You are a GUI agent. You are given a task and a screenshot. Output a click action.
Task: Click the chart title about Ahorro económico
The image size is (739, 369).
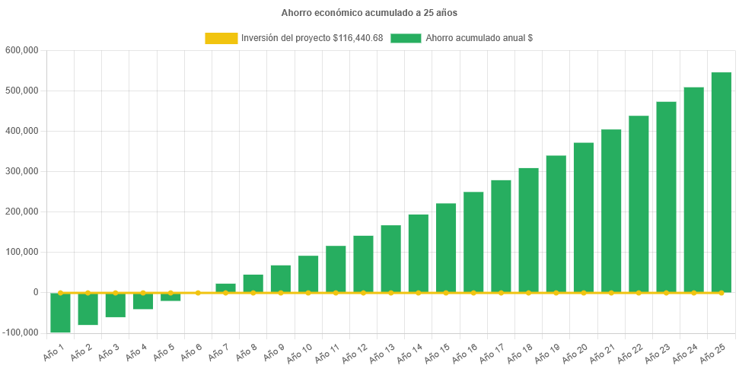tap(369, 13)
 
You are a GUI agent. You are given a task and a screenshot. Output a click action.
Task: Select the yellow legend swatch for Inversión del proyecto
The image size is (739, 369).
tap(221, 38)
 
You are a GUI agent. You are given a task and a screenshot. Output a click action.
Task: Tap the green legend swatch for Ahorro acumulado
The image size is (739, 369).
tap(406, 38)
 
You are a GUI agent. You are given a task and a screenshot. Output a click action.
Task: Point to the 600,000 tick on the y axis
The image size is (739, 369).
tap(21, 50)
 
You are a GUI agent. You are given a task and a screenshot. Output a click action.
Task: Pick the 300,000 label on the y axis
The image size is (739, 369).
tap(21, 171)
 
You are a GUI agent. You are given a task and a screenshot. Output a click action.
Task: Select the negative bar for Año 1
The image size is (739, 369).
tap(61, 313)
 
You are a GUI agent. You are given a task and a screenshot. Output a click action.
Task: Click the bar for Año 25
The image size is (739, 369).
tap(721, 183)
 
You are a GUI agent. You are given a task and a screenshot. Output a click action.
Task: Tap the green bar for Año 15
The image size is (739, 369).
tap(446, 248)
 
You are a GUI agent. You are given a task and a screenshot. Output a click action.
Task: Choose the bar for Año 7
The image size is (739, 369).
tap(225, 288)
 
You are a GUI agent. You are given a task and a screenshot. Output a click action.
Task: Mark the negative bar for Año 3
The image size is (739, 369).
tap(116, 305)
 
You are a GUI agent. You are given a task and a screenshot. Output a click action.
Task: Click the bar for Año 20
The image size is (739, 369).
tap(584, 218)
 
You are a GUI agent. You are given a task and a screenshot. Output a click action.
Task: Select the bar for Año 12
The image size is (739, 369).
tap(363, 264)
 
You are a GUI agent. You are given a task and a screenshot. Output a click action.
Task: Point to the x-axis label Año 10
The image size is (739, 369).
tap(299, 352)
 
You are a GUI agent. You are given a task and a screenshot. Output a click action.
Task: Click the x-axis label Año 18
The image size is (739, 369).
tap(519, 352)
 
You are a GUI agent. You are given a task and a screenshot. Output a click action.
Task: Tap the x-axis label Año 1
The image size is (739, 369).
tap(53, 351)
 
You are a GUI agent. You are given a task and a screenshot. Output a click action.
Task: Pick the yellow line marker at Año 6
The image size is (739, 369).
tap(198, 292)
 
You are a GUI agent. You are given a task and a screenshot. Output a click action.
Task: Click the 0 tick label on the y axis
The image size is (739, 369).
tap(35, 292)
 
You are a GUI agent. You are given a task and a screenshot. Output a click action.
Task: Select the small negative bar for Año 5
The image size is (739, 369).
tap(170, 297)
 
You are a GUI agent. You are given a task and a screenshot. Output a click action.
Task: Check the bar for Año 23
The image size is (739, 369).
tap(666, 197)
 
